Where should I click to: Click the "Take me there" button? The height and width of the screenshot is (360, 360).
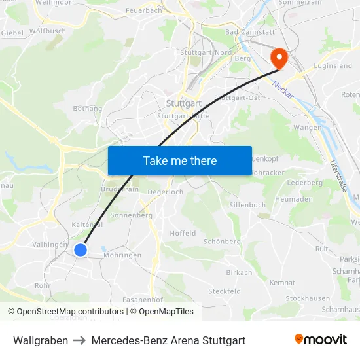180,160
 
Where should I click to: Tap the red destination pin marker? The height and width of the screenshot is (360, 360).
279,58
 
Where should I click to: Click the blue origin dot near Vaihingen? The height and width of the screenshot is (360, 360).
81,249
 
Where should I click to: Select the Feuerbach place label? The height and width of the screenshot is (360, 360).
143,11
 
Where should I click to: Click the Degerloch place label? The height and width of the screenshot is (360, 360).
166,192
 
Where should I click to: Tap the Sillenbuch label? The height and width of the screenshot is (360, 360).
247,205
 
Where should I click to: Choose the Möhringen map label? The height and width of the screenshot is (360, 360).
122,255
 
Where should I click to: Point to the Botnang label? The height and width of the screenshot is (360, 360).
88,109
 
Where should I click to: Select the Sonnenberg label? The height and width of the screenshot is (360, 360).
132,215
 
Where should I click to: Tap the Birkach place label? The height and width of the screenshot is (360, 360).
239,272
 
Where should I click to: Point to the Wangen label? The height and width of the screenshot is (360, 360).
307,127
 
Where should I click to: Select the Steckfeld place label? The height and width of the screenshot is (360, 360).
225,291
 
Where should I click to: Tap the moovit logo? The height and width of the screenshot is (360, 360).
321,340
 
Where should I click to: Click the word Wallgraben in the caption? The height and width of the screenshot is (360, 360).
41,340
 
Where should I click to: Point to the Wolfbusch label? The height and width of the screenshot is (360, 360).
47,31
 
